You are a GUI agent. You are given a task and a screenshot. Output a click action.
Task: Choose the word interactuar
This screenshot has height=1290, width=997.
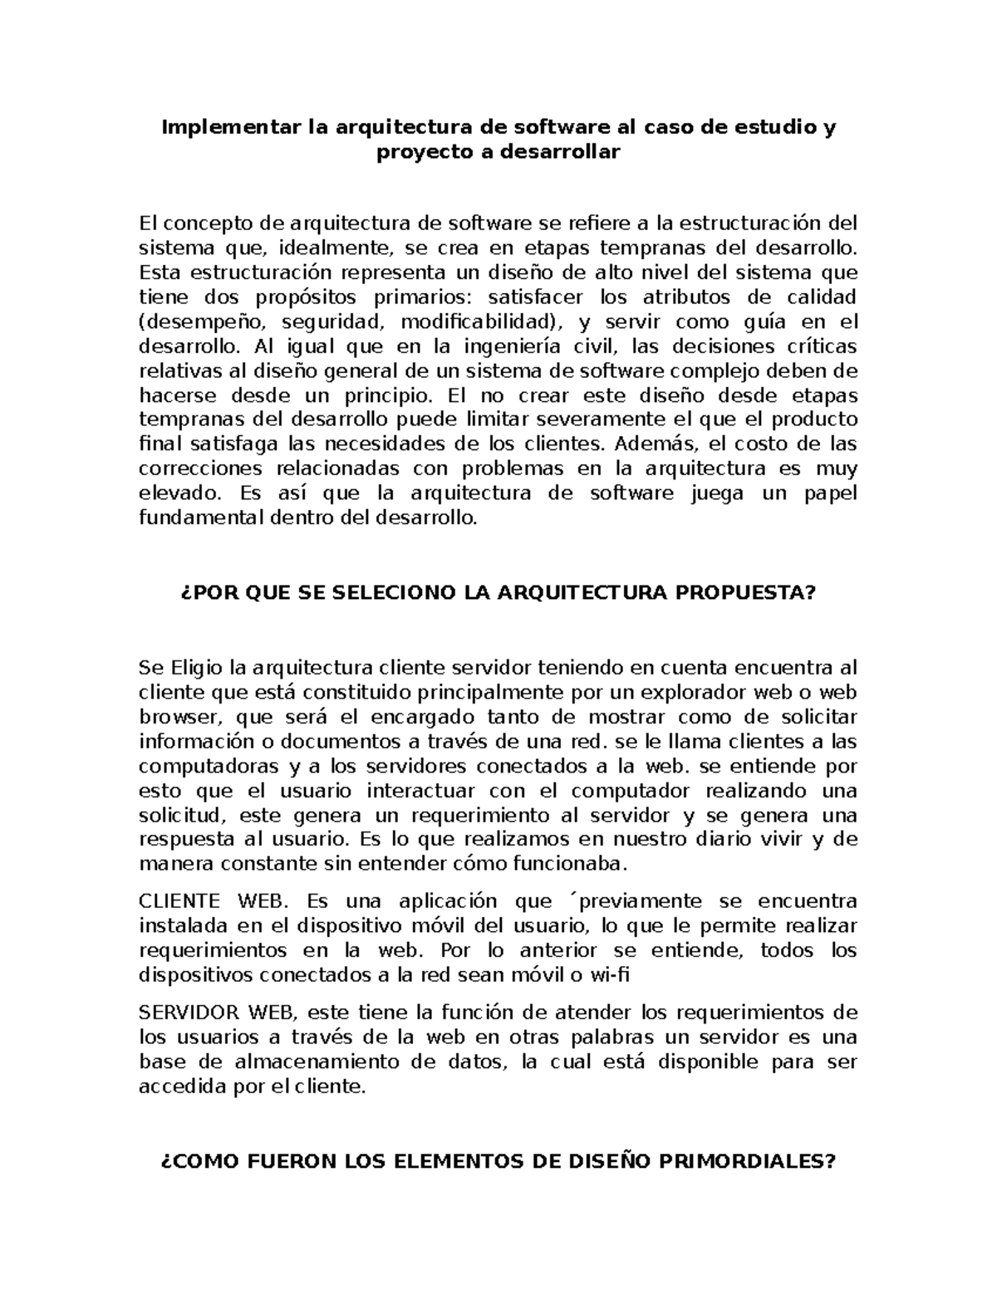pyautogui.click(x=421, y=790)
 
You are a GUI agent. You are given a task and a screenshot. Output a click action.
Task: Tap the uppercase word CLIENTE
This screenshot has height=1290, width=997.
pyautogui.click(x=179, y=901)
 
